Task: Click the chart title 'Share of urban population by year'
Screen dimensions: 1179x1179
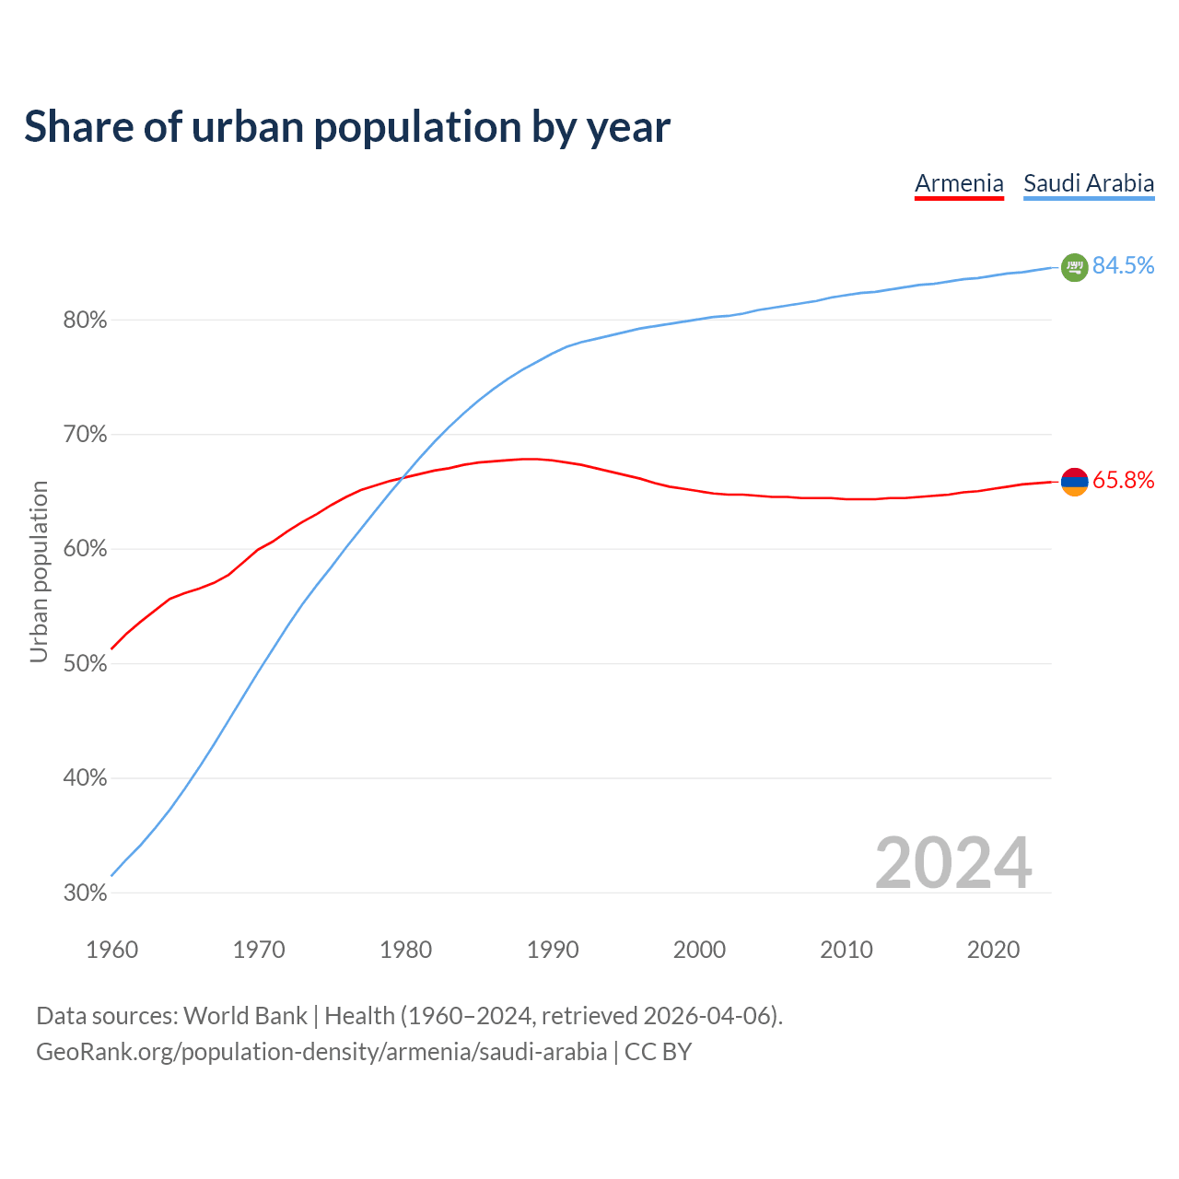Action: pos(347,127)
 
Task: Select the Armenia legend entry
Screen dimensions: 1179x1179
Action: pos(959,183)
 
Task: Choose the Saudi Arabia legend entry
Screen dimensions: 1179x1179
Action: pos(1089,183)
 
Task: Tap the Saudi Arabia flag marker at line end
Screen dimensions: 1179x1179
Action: pos(1075,267)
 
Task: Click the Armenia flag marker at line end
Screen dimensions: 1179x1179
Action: pos(1075,481)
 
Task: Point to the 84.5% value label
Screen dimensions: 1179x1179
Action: pos(1124,266)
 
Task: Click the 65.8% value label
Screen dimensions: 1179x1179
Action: pos(1124,481)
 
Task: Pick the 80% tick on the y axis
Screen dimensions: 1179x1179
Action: pos(85,321)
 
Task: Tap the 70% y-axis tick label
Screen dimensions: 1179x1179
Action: pos(85,435)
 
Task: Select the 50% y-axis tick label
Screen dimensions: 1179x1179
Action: pos(85,664)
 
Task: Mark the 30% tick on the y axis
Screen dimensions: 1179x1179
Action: pos(85,893)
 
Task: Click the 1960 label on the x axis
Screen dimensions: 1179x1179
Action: pos(111,950)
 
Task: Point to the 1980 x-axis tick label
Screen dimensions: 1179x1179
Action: pos(405,950)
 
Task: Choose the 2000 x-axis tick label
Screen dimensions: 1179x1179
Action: pos(699,950)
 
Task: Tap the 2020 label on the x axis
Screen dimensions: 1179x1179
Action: pos(993,950)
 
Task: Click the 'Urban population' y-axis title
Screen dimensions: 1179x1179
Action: pos(39,571)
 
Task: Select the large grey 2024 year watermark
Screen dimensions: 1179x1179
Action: pos(953,863)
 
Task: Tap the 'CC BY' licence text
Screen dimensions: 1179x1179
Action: pos(658,1052)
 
